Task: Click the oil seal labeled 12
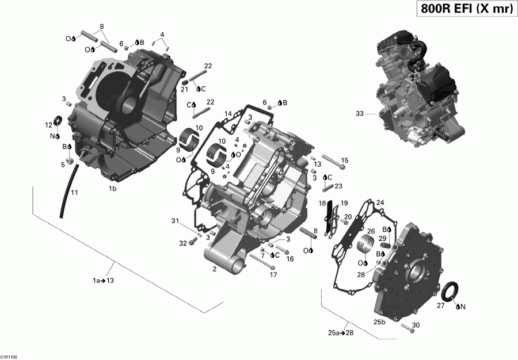click(x=58, y=121)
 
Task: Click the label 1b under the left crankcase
click(x=113, y=188)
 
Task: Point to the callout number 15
click(x=345, y=160)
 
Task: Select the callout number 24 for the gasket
click(x=379, y=202)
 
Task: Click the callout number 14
click(x=228, y=114)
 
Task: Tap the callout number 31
click(x=175, y=221)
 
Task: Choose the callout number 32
click(x=183, y=243)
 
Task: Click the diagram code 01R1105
click(x=9, y=357)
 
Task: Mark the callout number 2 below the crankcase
click(x=214, y=269)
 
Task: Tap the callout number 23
click(x=338, y=186)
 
